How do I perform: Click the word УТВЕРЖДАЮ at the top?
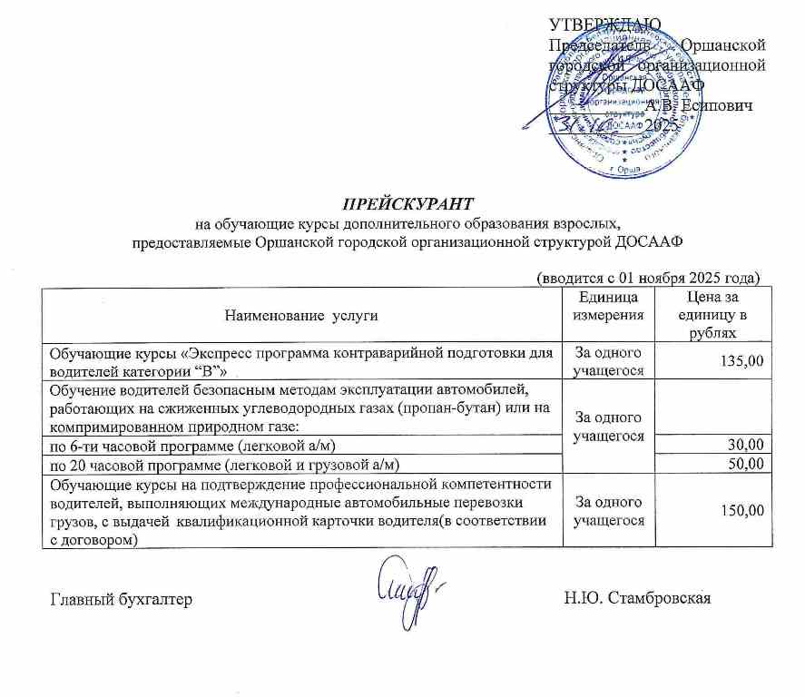pos(605,24)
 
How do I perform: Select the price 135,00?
pos(741,361)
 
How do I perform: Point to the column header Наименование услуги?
pos(299,315)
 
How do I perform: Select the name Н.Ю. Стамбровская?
pos(635,597)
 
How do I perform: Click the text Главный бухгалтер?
pos(120,598)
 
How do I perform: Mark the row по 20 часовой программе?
pos(224,465)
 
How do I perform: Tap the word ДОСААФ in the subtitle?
pos(649,242)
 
